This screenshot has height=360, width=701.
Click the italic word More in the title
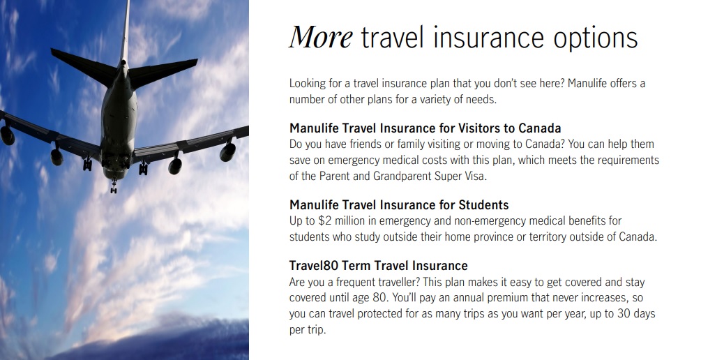(x=321, y=37)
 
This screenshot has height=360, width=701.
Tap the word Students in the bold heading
(x=484, y=205)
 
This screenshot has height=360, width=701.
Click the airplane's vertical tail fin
(x=125, y=31)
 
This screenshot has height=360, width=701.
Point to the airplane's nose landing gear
(x=114, y=186)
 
